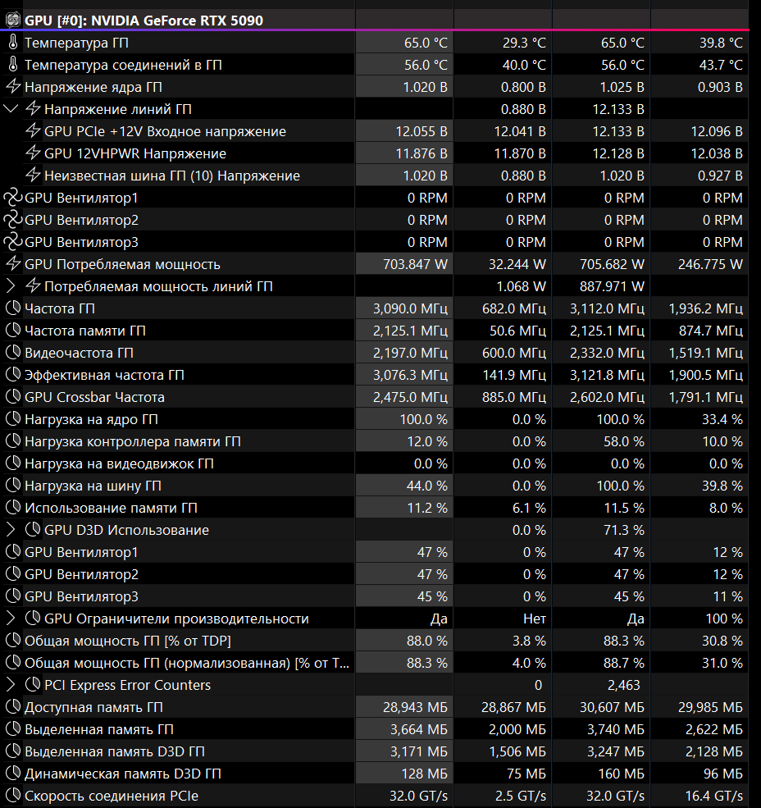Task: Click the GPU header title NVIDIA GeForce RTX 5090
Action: coord(144,20)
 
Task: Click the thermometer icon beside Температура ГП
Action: coord(12,43)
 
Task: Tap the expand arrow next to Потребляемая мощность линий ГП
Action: coord(11,286)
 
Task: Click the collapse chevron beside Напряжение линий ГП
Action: coord(11,109)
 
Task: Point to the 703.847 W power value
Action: coord(415,264)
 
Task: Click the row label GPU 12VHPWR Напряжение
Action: coord(135,153)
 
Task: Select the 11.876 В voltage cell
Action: coord(422,153)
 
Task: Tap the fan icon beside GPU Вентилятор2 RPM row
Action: coord(12,220)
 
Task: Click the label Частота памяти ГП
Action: coord(85,331)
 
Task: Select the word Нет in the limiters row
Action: coord(534,619)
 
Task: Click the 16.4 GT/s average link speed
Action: coord(713,796)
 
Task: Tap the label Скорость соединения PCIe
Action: coord(112,796)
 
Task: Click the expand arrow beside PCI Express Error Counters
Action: coord(11,685)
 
